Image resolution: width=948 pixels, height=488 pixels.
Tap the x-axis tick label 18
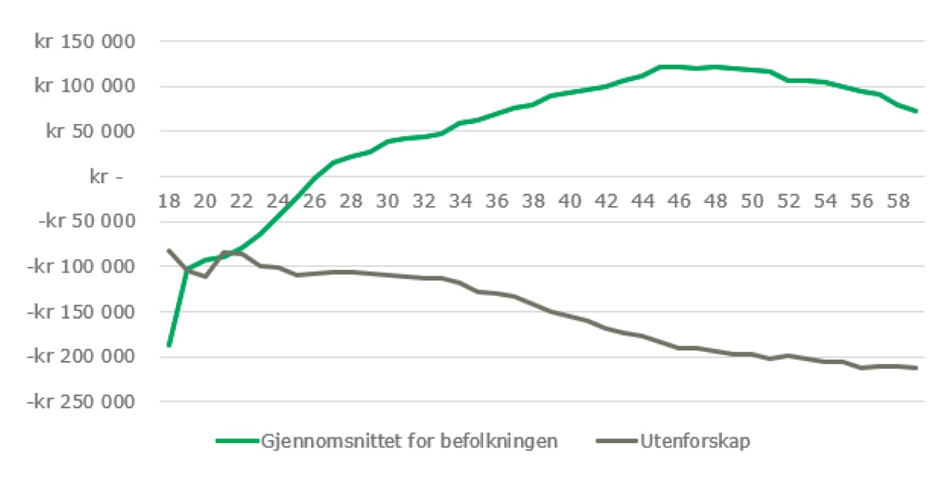click(169, 201)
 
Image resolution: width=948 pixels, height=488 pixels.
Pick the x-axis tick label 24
click(278, 201)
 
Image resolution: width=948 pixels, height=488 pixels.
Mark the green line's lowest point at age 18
click(169, 345)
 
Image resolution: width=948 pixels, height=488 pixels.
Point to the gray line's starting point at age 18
click(169, 250)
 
